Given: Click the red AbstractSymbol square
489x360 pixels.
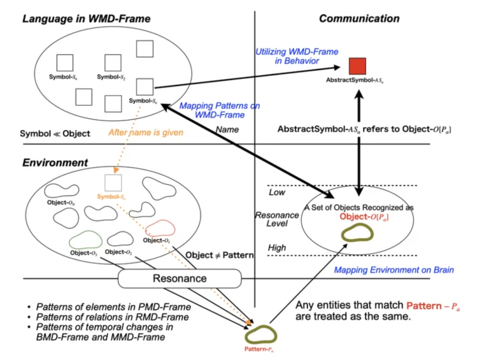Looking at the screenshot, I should pos(357,66).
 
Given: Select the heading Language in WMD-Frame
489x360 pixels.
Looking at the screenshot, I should pos(87,18).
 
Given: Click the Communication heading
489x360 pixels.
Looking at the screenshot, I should pos(359,18).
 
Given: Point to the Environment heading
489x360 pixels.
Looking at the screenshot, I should pos(55,162).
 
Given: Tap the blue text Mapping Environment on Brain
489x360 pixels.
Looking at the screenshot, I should pos(394,270).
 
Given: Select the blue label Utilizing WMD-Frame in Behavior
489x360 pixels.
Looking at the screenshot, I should pos(297,56).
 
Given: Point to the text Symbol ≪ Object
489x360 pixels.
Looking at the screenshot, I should pos(55,134).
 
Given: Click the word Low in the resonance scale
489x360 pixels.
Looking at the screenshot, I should pos(277,192).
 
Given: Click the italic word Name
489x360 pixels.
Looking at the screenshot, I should pos(227,129).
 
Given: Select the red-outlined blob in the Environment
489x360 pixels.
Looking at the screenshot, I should pos(159,229).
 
